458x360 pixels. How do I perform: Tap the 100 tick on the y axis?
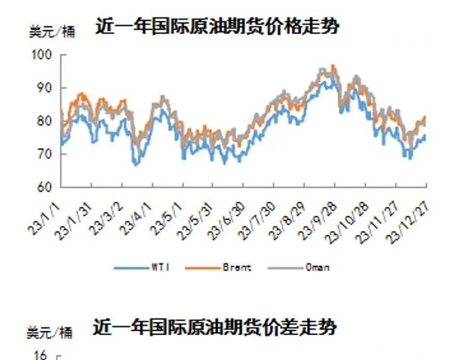pyautogui.click(x=41, y=56)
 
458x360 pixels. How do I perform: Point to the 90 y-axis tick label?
pyautogui.click(x=43, y=88)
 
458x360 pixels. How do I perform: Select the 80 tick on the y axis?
pyautogui.click(x=43, y=121)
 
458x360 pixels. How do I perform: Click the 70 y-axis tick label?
pyautogui.click(x=43, y=154)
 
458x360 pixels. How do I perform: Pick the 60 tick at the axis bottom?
pyautogui.click(x=43, y=187)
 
